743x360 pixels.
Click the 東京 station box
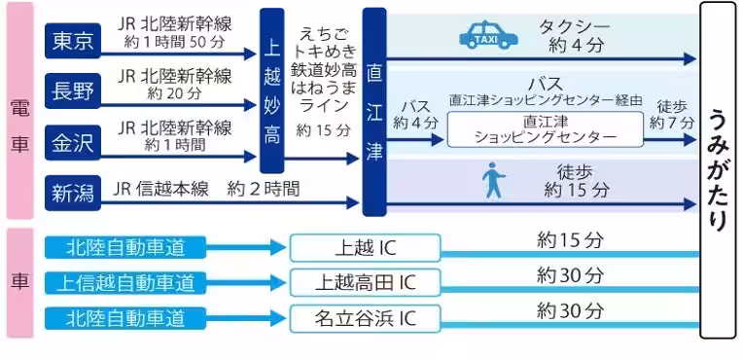point(74,41)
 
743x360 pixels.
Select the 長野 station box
point(74,92)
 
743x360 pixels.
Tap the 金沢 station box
point(74,143)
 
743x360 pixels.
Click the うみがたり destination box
point(718,170)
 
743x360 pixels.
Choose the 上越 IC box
point(365,248)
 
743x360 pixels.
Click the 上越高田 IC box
point(365,283)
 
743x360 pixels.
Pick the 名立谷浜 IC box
point(365,318)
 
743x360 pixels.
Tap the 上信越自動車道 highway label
point(126,283)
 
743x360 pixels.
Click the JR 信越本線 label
point(155,187)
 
